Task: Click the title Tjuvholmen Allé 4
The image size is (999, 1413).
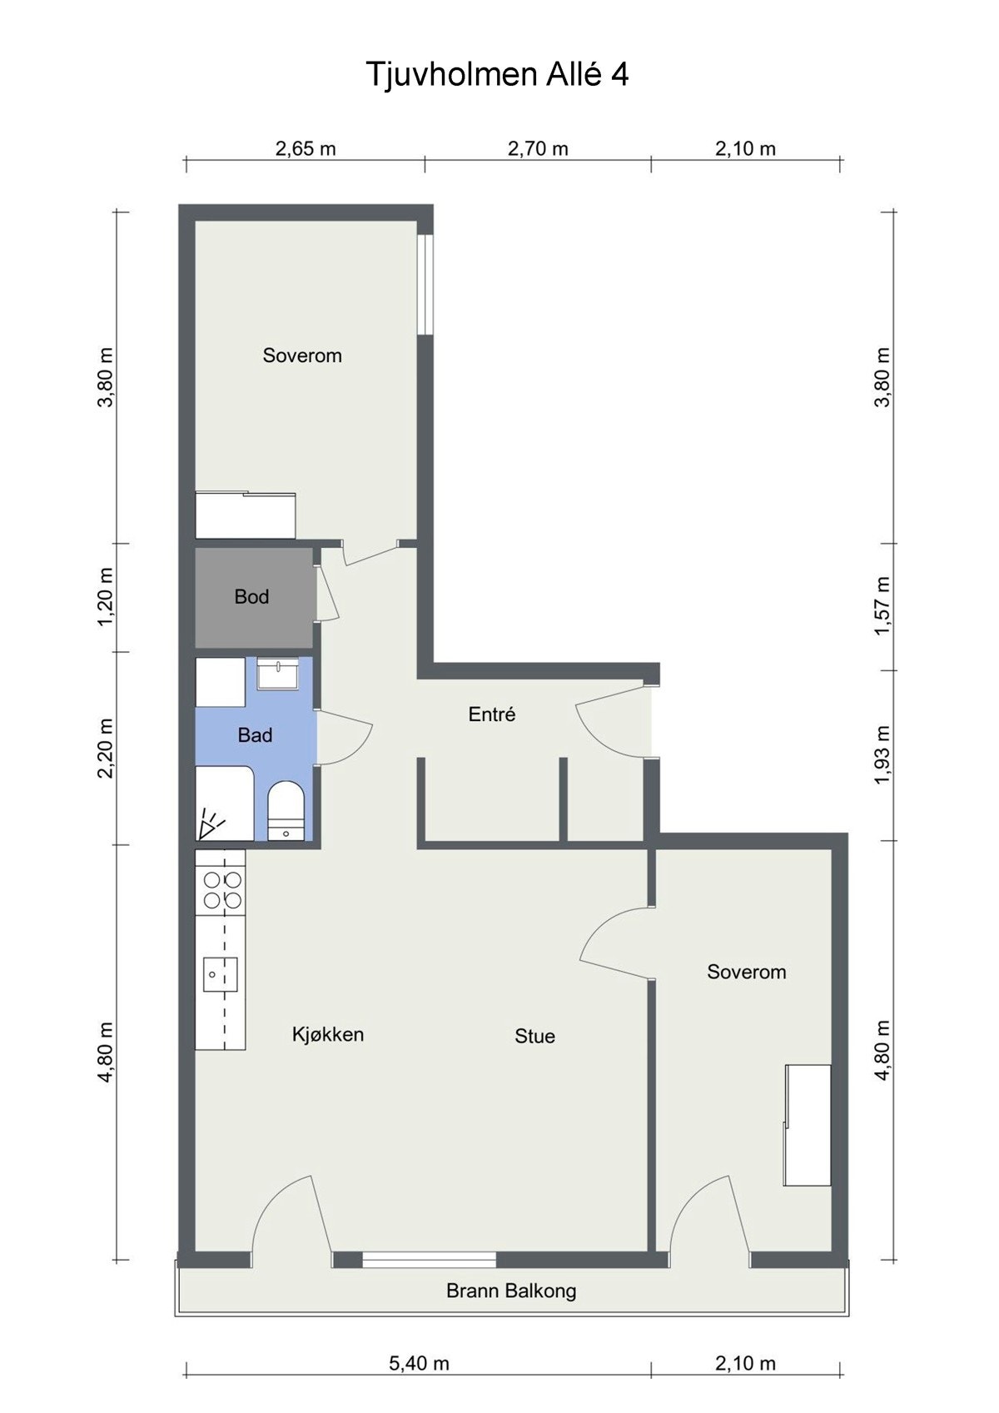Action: click(497, 75)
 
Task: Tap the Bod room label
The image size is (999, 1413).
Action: click(251, 596)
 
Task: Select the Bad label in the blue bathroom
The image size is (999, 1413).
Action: click(255, 735)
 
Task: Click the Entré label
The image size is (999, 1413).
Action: click(492, 714)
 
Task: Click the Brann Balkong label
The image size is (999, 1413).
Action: click(511, 1291)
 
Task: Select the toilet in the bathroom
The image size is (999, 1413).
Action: click(286, 811)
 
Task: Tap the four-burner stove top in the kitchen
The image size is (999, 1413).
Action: click(221, 888)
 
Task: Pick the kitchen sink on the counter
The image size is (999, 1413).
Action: click(220, 974)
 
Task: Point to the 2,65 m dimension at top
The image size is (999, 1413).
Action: click(306, 149)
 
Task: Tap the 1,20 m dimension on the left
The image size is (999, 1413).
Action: click(106, 597)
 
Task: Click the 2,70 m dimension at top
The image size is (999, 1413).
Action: click(538, 149)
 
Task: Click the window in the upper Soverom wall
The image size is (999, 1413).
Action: click(428, 284)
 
